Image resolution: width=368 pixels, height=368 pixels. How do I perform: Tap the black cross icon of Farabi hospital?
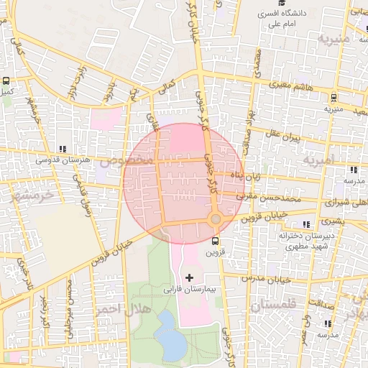click(190, 277)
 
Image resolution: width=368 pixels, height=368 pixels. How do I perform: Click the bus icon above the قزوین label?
click(215, 240)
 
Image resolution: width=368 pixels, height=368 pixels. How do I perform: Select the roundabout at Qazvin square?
click(215, 218)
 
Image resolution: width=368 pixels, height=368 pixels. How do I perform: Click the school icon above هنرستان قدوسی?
click(68, 148)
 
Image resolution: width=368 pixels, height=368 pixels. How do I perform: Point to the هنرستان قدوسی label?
click(68, 160)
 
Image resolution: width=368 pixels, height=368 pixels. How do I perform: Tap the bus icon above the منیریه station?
click(333, 98)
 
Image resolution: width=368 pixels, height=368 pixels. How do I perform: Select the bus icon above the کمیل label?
click(6, 81)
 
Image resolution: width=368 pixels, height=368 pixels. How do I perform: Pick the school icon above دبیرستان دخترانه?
click(306, 224)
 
